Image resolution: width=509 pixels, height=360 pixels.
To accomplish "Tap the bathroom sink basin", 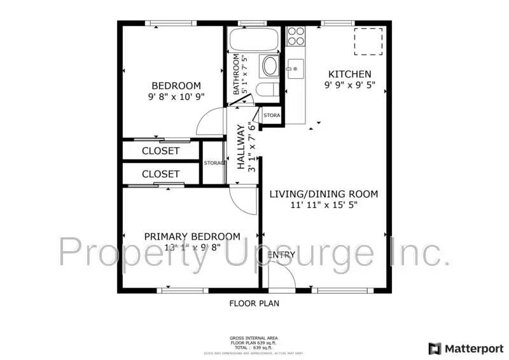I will coord(270,66).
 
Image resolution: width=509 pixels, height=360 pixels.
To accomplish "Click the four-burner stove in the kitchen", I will coord(295,36).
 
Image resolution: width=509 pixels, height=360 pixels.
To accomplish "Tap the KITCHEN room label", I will coord(349,74).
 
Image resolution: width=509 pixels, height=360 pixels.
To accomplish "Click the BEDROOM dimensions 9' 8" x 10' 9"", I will coord(176,98).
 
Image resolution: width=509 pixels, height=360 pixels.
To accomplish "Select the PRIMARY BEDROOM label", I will coord(192,237).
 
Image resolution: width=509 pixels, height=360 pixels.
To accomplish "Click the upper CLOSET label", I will coord(160,151).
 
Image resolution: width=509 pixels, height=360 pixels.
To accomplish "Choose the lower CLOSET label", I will coord(160,174).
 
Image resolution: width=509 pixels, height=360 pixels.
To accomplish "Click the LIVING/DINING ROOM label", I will coord(323,194).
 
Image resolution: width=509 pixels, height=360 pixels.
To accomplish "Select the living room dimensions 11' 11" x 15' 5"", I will coord(323,205).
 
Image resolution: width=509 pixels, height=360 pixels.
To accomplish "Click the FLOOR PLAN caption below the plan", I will coord(254,303).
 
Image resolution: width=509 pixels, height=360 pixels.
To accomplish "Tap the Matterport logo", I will coord(466,348).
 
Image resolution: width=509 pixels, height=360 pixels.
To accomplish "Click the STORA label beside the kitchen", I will coord(272,116).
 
